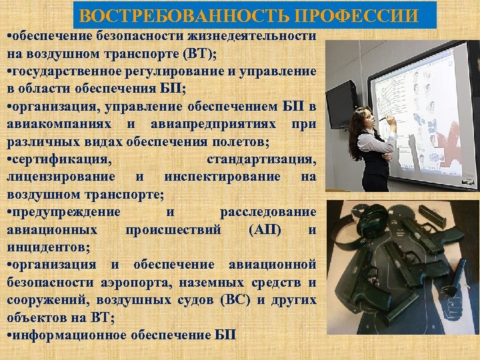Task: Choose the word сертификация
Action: tap(63, 159)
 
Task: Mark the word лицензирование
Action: tap(64, 177)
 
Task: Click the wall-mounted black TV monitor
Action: tap(341, 103)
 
